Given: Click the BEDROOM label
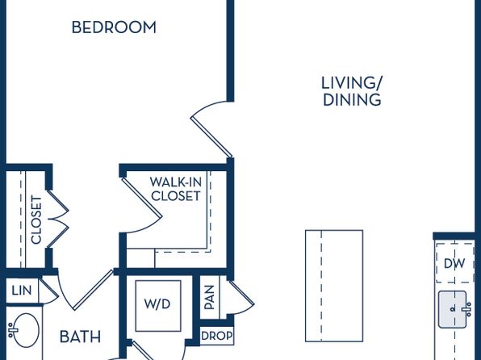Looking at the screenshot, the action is [x=114, y=27].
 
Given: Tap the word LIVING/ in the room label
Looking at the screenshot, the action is [x=352, y=83].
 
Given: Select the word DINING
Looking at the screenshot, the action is [x=352, y=100].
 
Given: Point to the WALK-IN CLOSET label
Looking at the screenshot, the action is [x=176, y=189].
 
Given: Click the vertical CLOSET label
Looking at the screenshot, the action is [x=36, y=220].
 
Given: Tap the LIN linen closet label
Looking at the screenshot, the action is [x=22, y=291].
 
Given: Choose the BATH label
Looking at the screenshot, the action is [x=80, y=337].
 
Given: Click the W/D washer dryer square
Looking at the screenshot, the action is [x=158, y=306].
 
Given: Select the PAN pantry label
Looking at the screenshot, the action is [x=209, y=297].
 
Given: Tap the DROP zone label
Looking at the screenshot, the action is [x=216, y=336].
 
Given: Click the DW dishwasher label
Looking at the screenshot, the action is [x=454, y=263].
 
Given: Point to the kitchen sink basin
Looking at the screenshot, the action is [x=453, y=309].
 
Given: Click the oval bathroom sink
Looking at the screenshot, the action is [x=26, y=330].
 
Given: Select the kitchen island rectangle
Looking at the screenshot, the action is [x=334, y=286].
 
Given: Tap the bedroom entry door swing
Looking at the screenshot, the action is [x=211, y=129].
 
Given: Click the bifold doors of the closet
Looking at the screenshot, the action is [x=57, y=219].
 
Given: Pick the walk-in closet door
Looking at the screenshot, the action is [x=142, y=205].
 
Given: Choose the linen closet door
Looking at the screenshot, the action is [x=49, y=291].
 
